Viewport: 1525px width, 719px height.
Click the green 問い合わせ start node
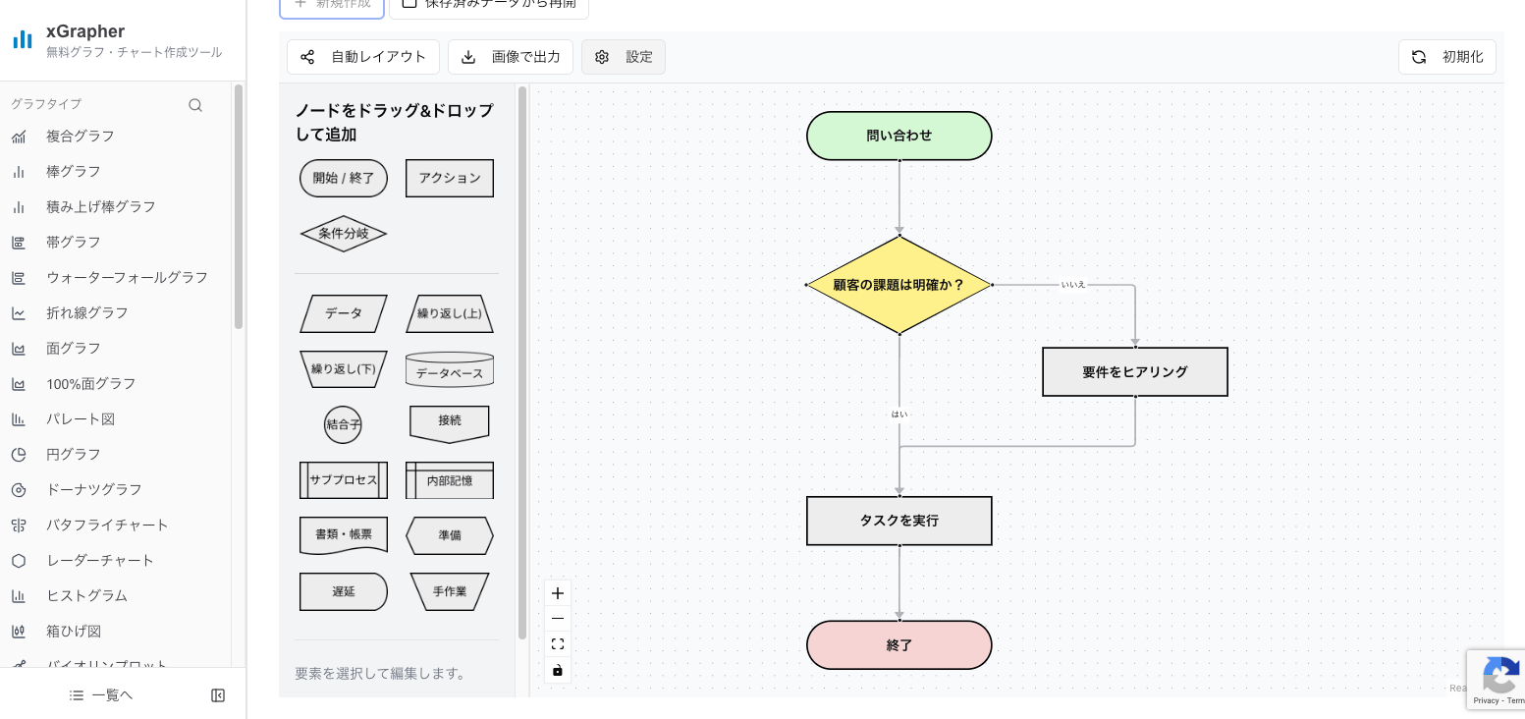(899, 136)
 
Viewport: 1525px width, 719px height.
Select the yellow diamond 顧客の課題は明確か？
(899, 285)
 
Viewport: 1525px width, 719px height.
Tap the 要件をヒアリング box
(1134, 372)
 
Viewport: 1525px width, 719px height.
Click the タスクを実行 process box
(899, 521)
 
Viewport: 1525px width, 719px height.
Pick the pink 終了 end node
(899, 645)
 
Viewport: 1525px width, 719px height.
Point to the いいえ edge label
(1073, 285)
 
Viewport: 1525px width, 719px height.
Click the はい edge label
(899, 415)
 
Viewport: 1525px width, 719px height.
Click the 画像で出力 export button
(511, 57)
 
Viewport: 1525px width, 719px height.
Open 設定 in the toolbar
(624, 57)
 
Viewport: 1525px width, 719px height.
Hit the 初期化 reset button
(1446, 57)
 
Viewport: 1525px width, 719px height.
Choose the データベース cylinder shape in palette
(450, 370)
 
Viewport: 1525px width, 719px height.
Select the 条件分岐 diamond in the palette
(344, 234)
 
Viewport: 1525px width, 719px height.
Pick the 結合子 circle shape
(344, 425)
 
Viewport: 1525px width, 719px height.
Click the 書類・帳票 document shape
(344, 535)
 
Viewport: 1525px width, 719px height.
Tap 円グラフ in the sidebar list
(74, 454)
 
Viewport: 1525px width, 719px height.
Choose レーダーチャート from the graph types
(100, 560)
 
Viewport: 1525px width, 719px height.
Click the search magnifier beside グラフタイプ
(195, 105)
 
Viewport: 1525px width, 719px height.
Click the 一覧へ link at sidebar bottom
(101, 695)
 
